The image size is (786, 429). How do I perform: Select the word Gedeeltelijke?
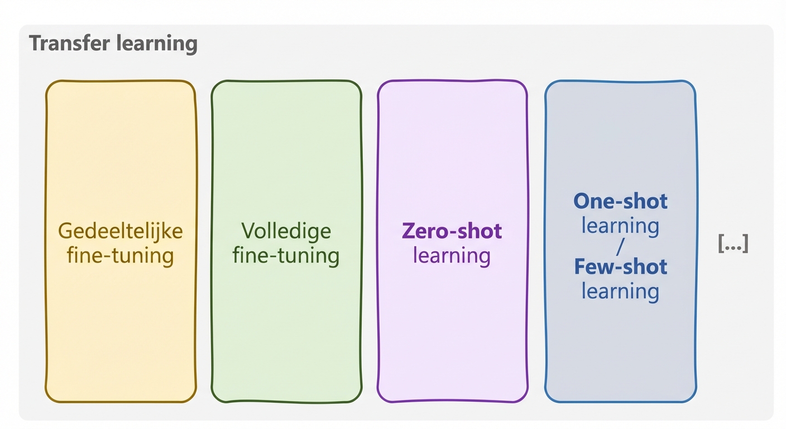click(x=120, y=231)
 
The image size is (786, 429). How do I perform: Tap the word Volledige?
click(x=286, y=231)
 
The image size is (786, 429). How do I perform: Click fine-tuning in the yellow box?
click(x=120, y=256)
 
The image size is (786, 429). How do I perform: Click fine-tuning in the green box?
click(x=286, y=256)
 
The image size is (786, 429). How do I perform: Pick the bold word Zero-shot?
click(x=452, y=231)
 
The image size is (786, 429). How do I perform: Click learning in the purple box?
click(x=452, y=256)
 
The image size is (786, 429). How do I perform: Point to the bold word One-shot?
click(x=620, y=201)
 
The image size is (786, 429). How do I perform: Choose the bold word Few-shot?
click(x=620, y=266)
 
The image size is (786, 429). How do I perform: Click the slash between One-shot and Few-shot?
click(x=620, y=246)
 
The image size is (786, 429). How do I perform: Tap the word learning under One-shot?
click(x=620, y=226)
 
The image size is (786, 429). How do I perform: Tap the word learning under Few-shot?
click(x=620, y=291)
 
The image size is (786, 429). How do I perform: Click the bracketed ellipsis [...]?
click(x=732, y=244)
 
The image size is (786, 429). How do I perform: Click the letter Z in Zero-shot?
click(x=408, y=231)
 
